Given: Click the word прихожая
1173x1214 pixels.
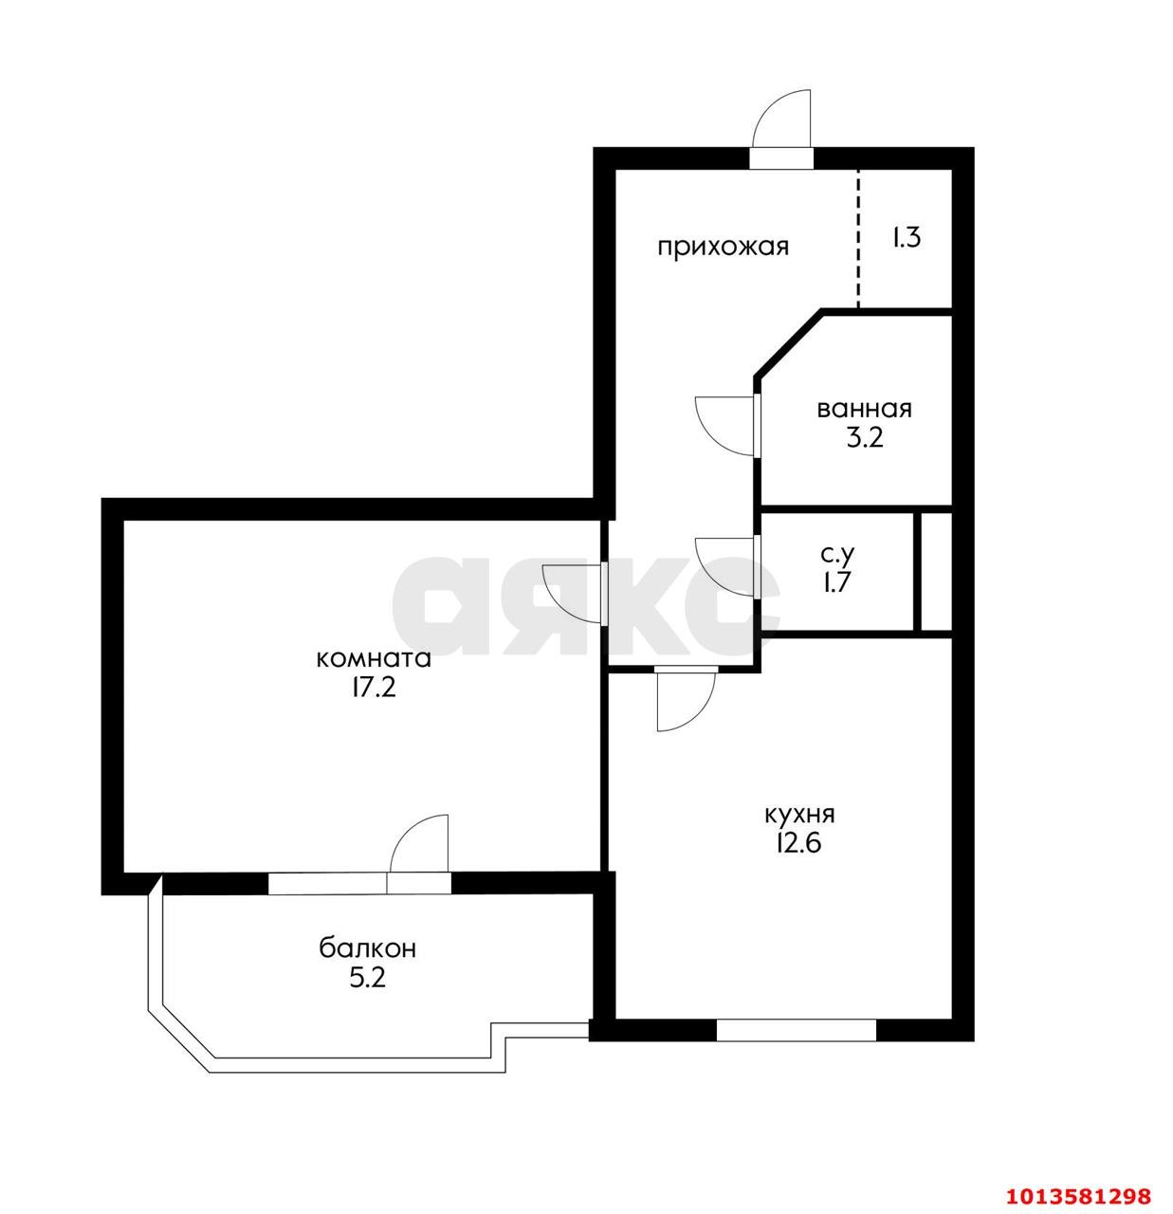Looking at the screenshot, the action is pos(723,247).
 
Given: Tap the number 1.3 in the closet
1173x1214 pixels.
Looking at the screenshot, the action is pos(907,238).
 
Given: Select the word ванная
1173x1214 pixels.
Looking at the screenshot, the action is pos(864,409).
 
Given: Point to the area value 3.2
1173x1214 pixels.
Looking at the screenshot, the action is pos(864,438).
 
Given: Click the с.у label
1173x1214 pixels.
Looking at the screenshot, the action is pos(837,554).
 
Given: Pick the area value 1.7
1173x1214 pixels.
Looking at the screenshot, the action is pos(837,583).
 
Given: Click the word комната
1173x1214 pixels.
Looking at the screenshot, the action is pos(374,659).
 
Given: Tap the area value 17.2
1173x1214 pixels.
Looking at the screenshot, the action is pos(374,689).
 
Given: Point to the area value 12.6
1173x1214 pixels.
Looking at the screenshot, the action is pos(799,843).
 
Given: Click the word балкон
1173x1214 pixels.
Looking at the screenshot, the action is pos(367,948).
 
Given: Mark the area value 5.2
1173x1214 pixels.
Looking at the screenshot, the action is pos(367,978).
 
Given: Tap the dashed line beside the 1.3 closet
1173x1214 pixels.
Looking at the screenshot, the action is pos(858,238).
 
